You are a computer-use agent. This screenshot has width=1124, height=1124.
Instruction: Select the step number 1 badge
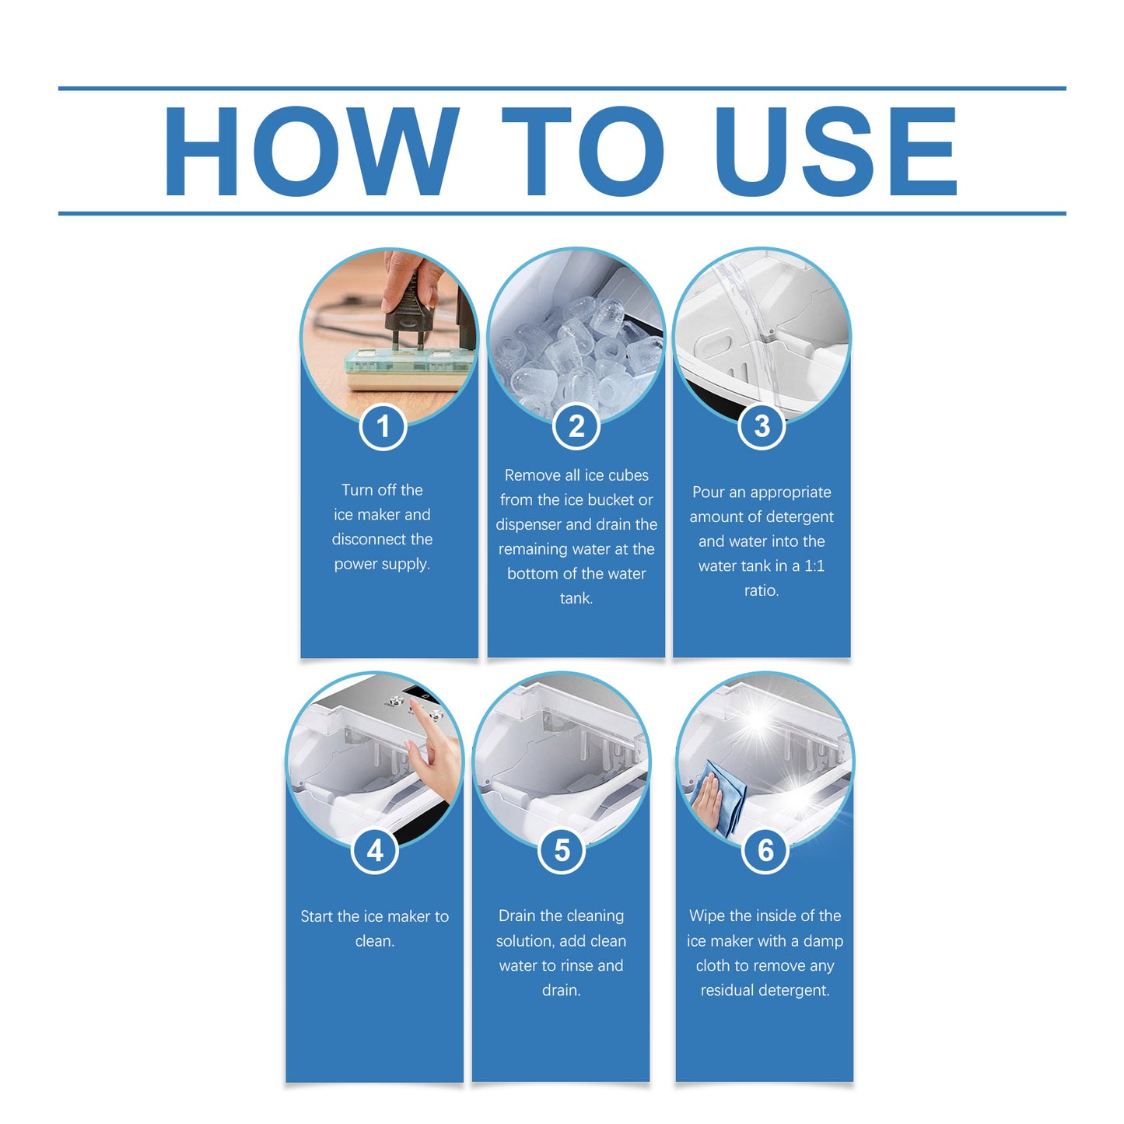click(x=383, y=426)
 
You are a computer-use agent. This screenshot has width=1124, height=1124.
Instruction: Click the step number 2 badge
click(x=576, y=426)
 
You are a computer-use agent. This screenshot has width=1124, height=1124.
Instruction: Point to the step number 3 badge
click(x=762, y=426)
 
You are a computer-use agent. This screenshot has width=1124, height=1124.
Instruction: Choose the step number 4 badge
click(x=374, y=850)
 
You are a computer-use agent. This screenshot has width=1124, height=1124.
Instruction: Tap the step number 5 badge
click(x=561, y=850)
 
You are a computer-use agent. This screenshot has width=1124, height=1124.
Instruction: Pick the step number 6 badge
click(x=765, y=850)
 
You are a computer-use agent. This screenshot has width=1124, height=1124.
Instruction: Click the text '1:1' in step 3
click(x=814, y=566)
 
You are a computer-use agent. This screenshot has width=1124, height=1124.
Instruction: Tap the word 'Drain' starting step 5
click(x=516, y=916)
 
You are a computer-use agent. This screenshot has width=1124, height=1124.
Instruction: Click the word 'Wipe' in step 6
click(x=706, y=916)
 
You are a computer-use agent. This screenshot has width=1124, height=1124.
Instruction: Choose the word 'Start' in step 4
click(x=317, y=916)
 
